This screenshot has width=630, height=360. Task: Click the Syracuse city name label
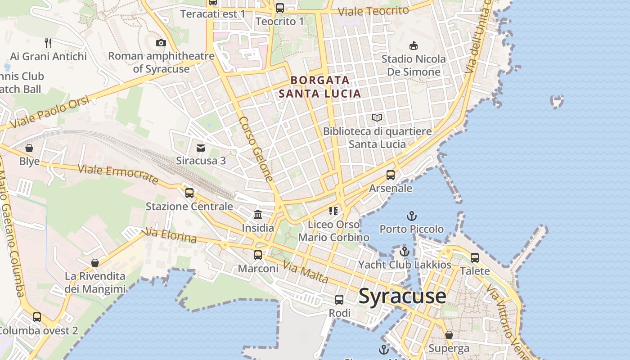coord(402,296)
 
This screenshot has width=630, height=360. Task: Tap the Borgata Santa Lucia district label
coord(320,87)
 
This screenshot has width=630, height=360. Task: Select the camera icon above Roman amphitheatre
coord(161,43)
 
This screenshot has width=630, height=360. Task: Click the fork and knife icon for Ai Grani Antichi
coord(48,43)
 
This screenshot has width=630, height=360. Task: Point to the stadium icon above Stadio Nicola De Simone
coord(413,45)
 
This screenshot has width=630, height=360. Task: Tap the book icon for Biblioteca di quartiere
coord(377,118)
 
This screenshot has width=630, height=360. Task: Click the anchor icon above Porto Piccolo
coord(411,216)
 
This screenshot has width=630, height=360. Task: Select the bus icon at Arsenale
coord(390,175)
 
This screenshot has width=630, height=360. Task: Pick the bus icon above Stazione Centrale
coord(189,193)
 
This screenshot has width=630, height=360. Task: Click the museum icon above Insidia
coord(258,214)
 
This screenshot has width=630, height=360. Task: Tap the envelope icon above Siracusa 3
coord(201,148)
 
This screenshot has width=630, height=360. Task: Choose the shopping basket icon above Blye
coord(29,148)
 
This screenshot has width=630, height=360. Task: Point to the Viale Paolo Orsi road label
coord(49,112)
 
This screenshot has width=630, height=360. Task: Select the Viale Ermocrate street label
coord(118,175)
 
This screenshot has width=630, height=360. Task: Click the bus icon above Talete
coord(475,258)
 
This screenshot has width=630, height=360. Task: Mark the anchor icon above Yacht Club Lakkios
coord(405,252)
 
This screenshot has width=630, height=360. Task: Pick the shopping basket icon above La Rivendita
coord(95,263)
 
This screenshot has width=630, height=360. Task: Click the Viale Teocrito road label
coord(373,11)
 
